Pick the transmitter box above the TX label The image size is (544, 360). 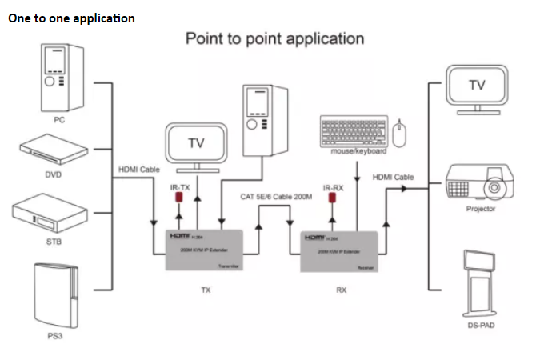205,250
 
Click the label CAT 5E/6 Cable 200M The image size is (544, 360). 276,197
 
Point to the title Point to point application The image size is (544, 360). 274,38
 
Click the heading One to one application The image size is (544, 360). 71,18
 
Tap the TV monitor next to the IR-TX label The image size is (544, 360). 196,145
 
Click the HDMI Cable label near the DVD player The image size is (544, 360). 139,170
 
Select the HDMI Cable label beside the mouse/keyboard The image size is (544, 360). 393,177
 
